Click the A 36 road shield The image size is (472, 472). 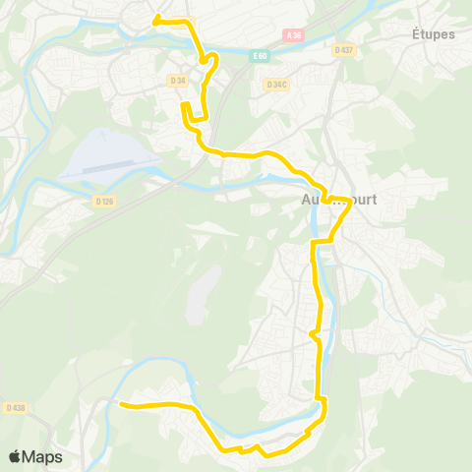tap(292, 35)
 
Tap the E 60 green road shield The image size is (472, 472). tap(259, 56)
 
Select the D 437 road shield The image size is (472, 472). tap(342, 49)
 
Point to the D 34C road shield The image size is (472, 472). tap(276, 85)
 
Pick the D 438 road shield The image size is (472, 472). tap(15, 407)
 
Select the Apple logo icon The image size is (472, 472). tap(14, 456)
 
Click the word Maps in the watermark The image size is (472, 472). tap(42, 456)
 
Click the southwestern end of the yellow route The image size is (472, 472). tap(120, 403)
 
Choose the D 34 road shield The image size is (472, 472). tap(178, 80)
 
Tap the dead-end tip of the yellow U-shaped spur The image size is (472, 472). tap(183, 103)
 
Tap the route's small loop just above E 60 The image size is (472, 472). tap(206, 59)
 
